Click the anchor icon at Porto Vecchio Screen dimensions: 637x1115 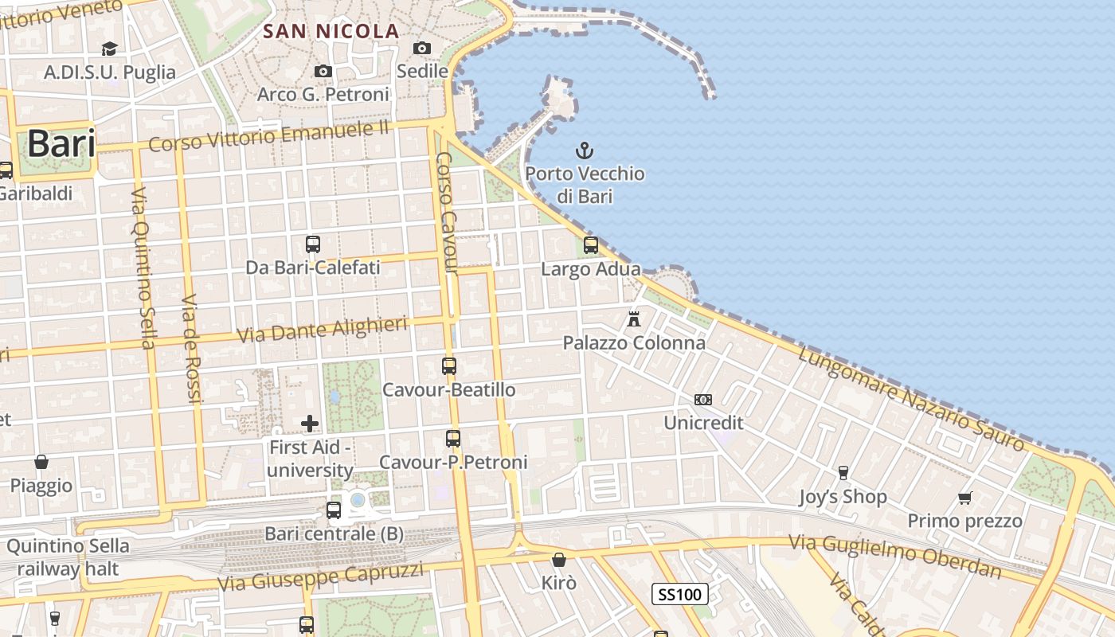tap(585, 150)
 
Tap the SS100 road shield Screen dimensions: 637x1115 tap(680, 594)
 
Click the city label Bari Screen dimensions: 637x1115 tap(61, 145)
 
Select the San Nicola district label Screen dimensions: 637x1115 tap(331, 31)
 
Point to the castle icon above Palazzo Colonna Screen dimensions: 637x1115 tap(634, 318)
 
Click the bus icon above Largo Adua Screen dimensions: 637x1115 tap(590, 245)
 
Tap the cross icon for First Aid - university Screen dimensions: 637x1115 tap(310, 424)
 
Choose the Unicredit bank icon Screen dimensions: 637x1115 tap(703, 400)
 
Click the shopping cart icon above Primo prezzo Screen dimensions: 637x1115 tap(965, 498)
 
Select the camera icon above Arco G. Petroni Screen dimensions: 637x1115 tap(323, 71)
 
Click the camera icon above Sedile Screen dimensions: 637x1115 tap(422, 48)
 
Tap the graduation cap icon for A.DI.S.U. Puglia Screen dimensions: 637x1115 tap(109, 49)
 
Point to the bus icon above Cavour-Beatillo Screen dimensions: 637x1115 tap(449, 366)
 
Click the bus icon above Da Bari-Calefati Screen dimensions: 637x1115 tap(313, 244)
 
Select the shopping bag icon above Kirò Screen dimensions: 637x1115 tap(558, 559)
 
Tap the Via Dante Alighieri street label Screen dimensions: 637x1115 tap(323, 329)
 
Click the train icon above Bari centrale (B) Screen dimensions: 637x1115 tap(334, 510)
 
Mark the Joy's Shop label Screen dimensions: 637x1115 tap(843, 497)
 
